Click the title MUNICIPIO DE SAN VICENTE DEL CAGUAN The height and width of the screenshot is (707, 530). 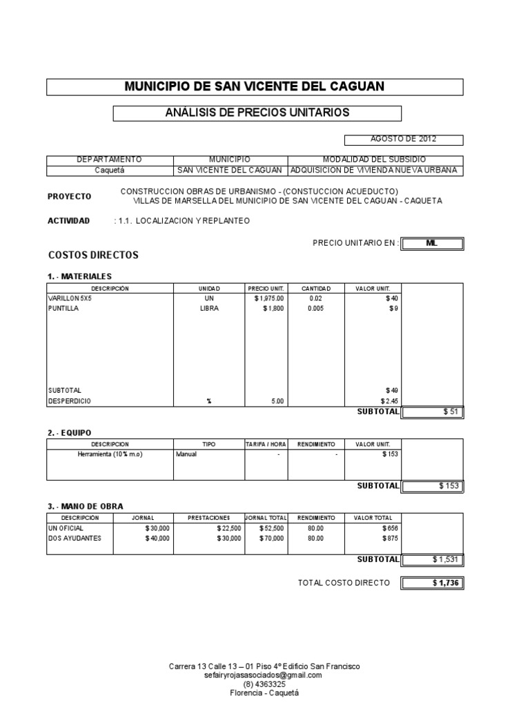(x=255, y=86)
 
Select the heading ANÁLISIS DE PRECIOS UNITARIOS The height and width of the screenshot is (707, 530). (x=257, y=113)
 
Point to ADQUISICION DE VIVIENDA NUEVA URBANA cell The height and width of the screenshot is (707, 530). (x=375, y=171)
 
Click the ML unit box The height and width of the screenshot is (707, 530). (x=433, y=243)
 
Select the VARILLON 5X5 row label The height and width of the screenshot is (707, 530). (x=70, y=298)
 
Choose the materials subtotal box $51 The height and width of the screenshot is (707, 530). (x=433, y=412)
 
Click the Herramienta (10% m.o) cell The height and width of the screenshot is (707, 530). (x=110, y=454)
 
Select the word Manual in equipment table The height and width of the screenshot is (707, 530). (x=186, y=454)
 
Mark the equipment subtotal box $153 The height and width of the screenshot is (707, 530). (x=433, y=485)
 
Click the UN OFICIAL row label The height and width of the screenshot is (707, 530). (x=66, y=527)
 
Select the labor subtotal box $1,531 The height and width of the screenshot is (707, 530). (x=433, y=559)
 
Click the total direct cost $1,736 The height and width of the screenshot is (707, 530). (x=433, y=583)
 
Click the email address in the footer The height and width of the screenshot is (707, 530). (x=264, y=675)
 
